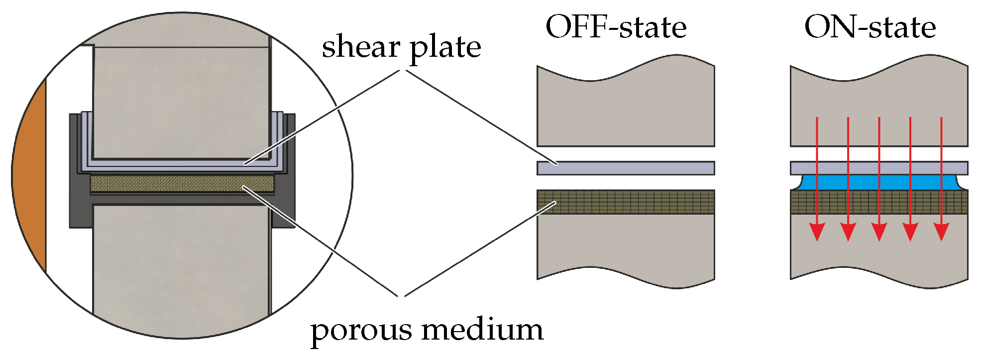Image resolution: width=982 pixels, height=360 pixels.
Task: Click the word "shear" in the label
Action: pyautogui.click(x=361, y=47)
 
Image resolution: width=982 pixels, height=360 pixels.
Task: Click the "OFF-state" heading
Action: pyautogui.click(x=616, y=27)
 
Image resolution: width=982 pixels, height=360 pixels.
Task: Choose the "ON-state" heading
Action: pyautogui.click(x=870, y=27)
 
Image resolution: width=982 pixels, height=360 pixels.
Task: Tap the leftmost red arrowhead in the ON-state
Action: pyautogui.click(x=817, y=232)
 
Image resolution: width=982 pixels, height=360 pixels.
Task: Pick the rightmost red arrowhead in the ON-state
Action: pyautogui.click(x=941, y=232)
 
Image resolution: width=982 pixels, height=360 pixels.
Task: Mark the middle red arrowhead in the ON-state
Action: pyautogui.click(x=879, y=232)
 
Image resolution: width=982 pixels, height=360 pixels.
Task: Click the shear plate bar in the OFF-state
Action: pyautogui.click(x=626, y=168)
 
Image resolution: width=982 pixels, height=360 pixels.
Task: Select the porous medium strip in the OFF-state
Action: pyautogui.click(x=626, y=202)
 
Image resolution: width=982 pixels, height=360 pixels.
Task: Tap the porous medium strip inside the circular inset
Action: pyautogui.click(x=182, y=183)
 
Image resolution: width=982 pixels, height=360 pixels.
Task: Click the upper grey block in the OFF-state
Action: pyautogui.click(x=626, y=110)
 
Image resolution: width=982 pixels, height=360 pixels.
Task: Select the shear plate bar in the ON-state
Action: pyautogui.click(x=879, y=168)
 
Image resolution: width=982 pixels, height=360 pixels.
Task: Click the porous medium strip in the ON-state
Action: pyautogui.click(x=879, y=202)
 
